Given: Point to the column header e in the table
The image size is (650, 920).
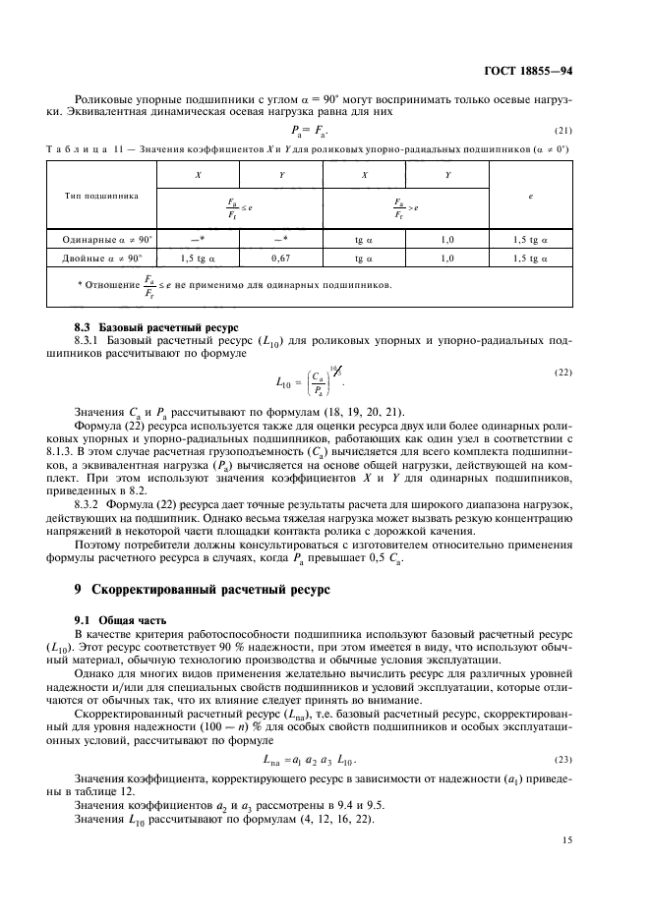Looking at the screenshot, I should tap(531, 196).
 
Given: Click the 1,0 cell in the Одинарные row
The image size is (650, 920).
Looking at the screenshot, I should tap(447, 239).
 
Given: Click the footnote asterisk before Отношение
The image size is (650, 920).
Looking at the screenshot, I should tap(82, 286).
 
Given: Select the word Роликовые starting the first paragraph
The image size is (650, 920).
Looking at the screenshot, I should tap(101, 99).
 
